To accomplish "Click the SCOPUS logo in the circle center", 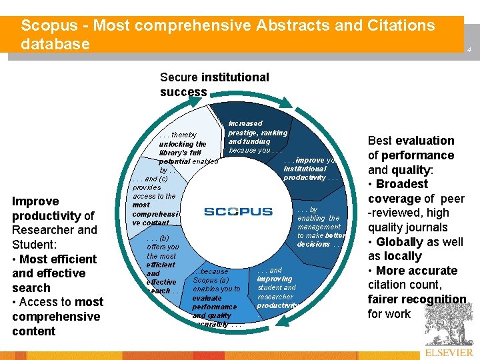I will click(x=238, y=212).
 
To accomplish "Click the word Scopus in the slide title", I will click(x=47, y=26).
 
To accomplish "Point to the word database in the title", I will click(x=55, y=44).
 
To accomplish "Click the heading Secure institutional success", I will click(x=214, y=85).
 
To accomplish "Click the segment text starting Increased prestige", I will click(x=257, y=137).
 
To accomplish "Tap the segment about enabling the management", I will click(x=320, y=227).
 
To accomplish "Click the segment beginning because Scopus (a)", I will click(x=215, y=297).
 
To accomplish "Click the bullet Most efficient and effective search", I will click(x=53, y=273).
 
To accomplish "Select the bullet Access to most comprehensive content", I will click(x=57, y=317).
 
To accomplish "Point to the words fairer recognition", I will click(x=417, y=299).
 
